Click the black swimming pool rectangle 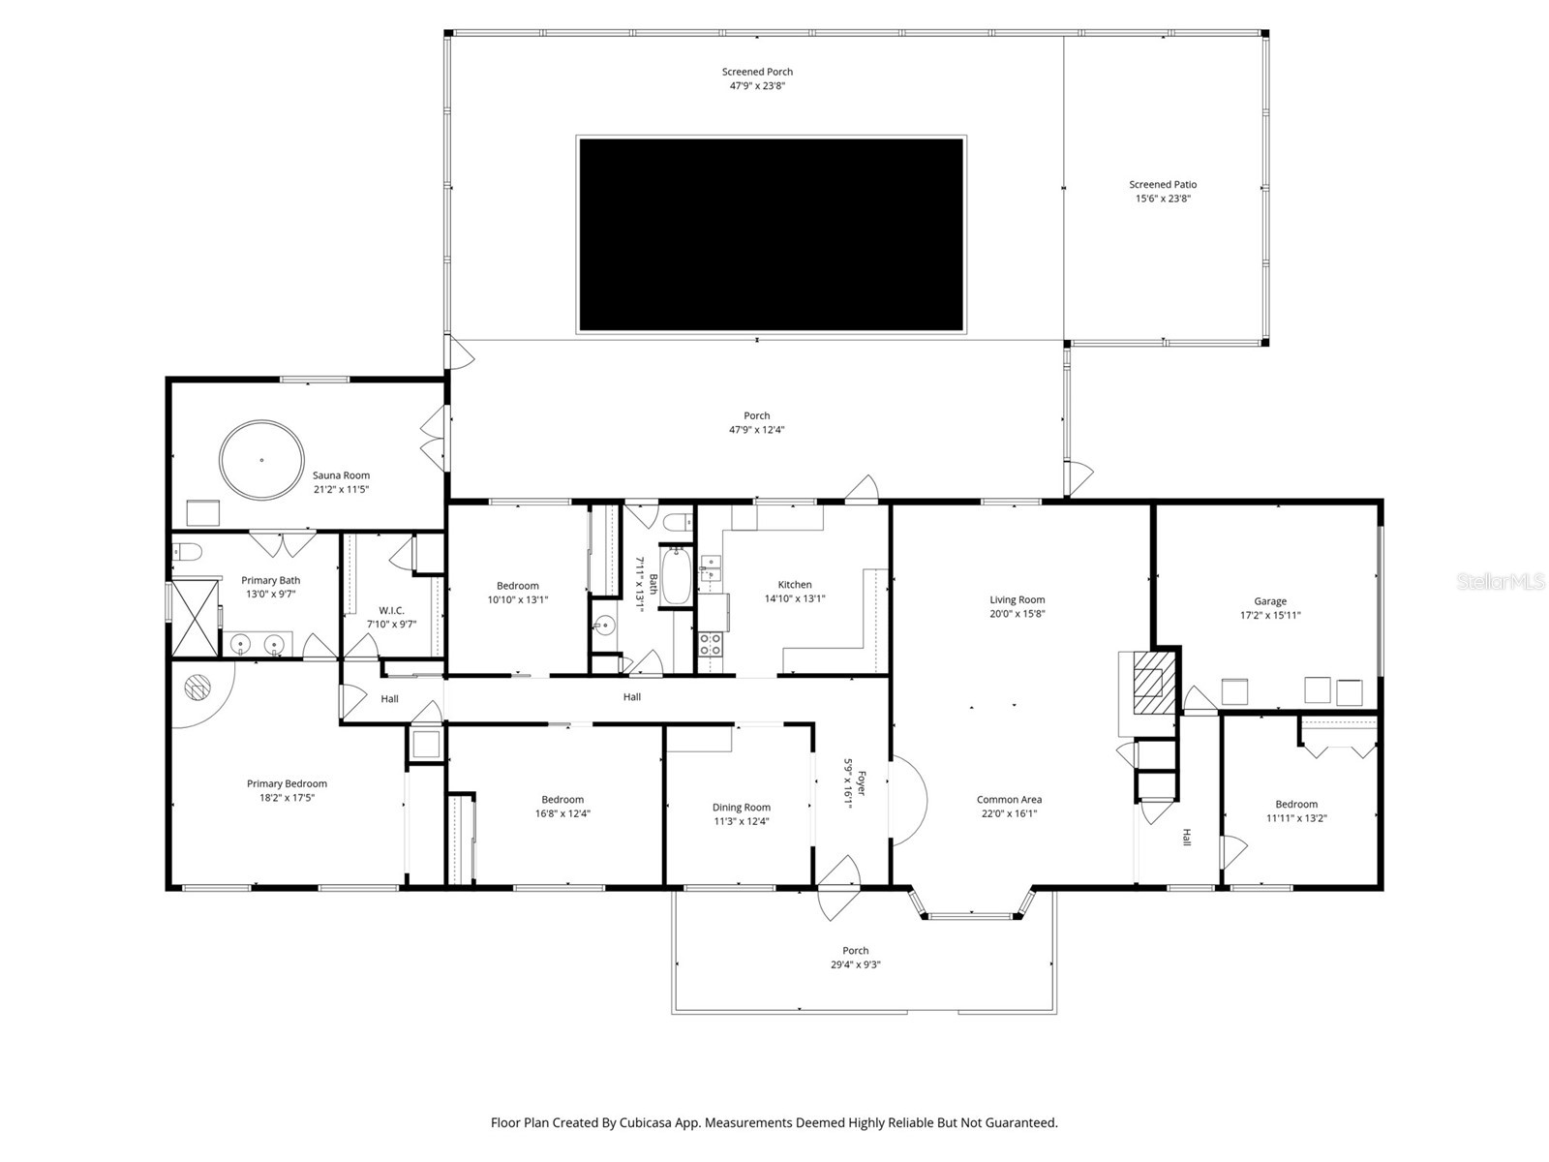pos(771,235)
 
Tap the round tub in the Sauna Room pos(260,461)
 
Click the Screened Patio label pos(1163,185)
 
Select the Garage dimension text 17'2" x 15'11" pos(1270,615)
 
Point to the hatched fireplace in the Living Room pos(1150,683)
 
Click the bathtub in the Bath pos(675,576)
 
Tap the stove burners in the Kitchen pos(710,644)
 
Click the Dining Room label pos(742,808)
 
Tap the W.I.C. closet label pos(391,611)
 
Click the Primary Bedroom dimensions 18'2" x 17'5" pos(287,798)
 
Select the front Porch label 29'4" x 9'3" pos(855,964)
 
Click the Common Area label pos(1009,800)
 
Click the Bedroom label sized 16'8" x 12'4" pos(562,800)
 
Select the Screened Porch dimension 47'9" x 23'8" pos(757,85)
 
